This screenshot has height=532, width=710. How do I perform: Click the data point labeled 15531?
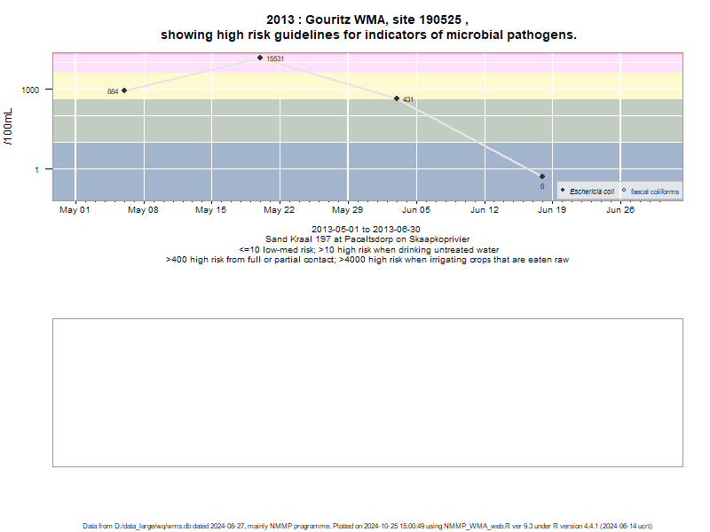(x=260, y=58)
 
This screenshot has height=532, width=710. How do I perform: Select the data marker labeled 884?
(x=124, y=90)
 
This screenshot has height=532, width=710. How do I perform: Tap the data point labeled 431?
(x=397, y=98)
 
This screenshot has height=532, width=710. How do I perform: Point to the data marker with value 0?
(x=542, y=176)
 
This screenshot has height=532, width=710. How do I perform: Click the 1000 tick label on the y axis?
(x=30, y=90)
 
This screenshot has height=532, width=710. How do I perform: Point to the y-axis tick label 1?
(x=37, y=169)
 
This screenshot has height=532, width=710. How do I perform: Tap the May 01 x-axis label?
(x=75, y=210)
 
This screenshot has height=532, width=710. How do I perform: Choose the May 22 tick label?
(x=279, y=210)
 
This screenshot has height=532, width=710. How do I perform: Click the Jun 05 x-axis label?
(x=416, y=210)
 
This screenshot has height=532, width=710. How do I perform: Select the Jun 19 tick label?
(x=552, y=210)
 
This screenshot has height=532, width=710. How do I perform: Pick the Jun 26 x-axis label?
(x=620, y=210)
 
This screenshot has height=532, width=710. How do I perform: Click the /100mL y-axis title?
(x=8, y=127)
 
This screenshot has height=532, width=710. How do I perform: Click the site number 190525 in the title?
(x=440, y=20)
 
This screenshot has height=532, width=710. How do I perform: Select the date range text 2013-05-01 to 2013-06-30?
(x=366, y=230)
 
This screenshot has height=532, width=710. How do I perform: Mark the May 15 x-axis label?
(x=210, y=210)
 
